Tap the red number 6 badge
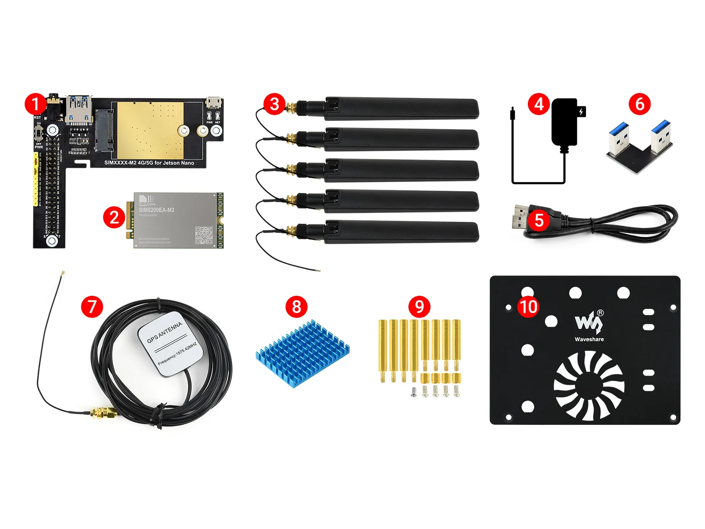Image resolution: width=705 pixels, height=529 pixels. tap(640, 104)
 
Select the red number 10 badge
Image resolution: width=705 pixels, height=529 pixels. tap(528, 306)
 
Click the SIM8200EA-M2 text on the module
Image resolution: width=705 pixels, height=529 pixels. tap(156, 210)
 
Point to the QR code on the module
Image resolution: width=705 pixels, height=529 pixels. tap(204, 235)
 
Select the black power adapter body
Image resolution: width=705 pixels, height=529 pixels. tap(564, 122)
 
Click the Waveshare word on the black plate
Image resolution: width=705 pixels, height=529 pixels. tap(589, 339)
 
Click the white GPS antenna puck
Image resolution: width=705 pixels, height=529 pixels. tap(170, 344)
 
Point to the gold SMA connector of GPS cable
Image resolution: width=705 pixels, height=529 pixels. tap(104, 414)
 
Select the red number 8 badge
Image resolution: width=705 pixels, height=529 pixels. tap(296, 306)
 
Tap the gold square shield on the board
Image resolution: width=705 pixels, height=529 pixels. tap(150, 130)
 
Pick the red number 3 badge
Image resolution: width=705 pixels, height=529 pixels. tap(275, 104)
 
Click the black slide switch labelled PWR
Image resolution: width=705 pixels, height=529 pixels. tap(39, 133)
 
